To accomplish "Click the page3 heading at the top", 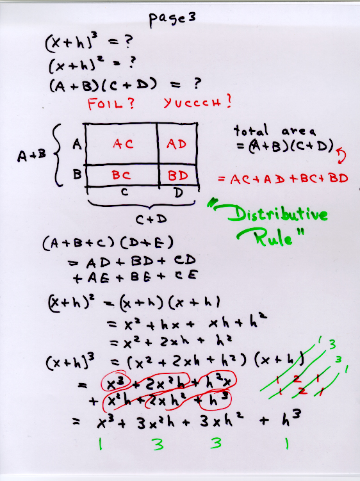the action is (172, 19).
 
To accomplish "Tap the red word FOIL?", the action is (111, 103).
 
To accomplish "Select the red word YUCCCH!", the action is (197, 102).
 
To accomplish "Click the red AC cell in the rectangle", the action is (123, 143).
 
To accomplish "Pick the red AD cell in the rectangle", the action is (176, 143).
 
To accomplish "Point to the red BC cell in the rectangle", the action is (121, 175).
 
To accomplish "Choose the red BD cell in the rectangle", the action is (178, 175).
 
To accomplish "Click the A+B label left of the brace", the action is (31, 156).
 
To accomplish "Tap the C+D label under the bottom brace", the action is (151, 219).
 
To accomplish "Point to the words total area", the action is (275, 131).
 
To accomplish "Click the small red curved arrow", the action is (341, 155).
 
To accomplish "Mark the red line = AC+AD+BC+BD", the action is (283, 179).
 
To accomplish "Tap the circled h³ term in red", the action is (215, 400).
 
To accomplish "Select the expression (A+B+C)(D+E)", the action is (108, 243).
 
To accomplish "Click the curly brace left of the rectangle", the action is (58, 155).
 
